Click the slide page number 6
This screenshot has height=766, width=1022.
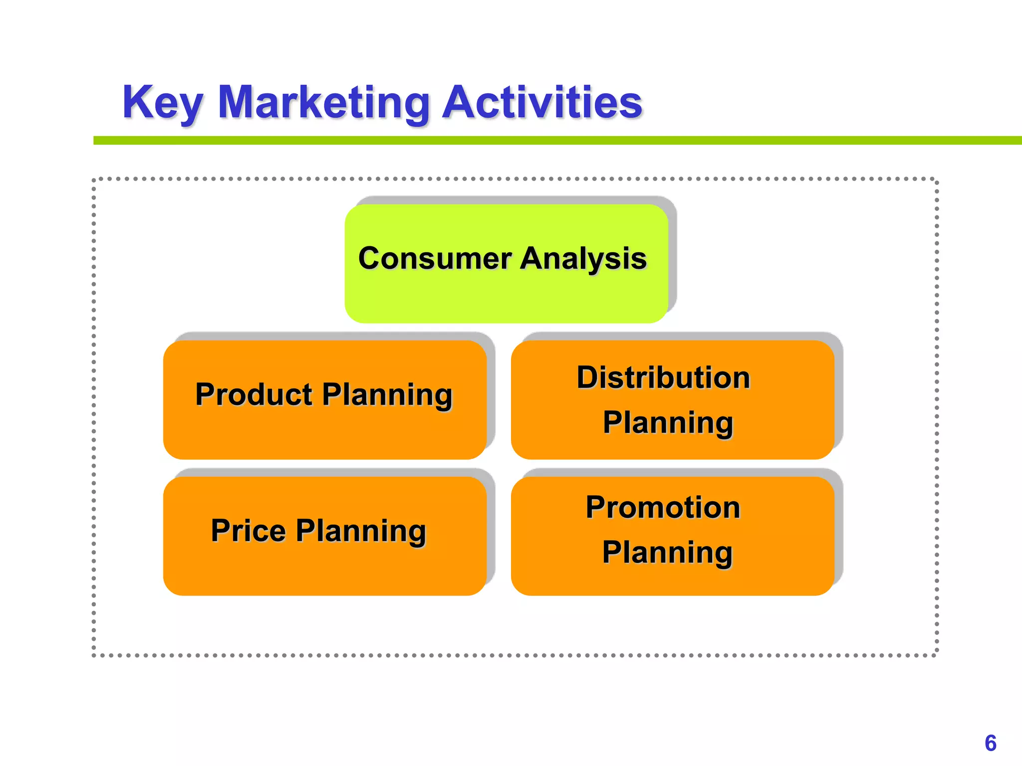pyautogui.click(x=991, y=743)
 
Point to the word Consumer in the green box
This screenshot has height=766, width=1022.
pyautogui.click(x=435, y=258)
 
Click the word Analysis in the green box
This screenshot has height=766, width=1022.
pyautogui.click(x=583, y=258)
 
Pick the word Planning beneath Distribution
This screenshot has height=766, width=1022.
pyautogui.click(x=668, y=423)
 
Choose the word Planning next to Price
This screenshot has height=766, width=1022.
pyautogui.click(x=361, y=531)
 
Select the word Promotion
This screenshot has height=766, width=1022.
pyautogui.click(x=663, y=507)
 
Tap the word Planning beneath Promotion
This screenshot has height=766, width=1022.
pyautogui.click(x=667, y=553)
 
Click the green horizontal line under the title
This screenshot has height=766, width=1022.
pyautogui.click(x=549, y=141)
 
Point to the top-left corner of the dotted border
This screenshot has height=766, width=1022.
pyautogui.click(x=94, y=179)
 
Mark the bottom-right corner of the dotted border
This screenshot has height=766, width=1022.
pyautogui.click(x=937, y=655)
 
